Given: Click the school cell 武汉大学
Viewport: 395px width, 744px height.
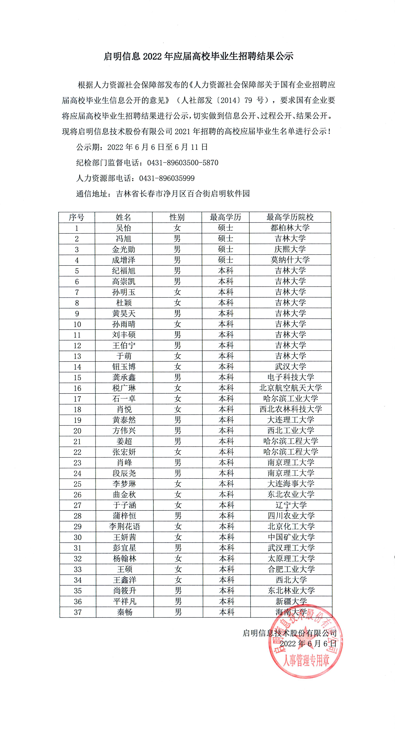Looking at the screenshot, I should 290,367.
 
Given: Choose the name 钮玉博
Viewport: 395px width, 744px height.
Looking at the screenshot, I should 124,367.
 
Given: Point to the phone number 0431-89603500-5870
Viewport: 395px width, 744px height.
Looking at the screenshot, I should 183,163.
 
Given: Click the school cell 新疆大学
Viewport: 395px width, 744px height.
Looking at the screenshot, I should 291,601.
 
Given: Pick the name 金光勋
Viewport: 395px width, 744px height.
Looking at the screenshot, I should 124,249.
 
